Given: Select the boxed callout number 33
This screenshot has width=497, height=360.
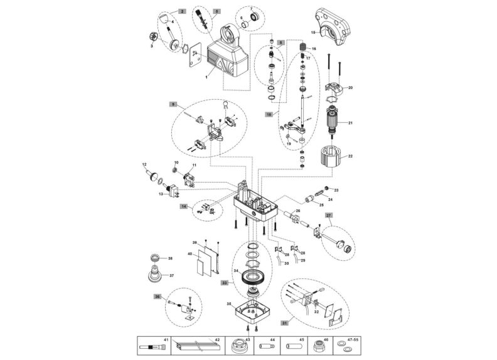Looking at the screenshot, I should pyautogui.click(x=224, y=282).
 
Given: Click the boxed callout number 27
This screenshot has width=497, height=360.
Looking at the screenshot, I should pyautogui.click(x=328, y=214).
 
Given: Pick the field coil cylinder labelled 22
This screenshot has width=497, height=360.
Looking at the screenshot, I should pyautogui.click(x=333, y=156).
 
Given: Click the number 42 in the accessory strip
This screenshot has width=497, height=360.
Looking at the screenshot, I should pyautogui.click(x=217, y=339).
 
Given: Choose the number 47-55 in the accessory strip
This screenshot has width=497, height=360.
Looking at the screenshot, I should pyautogui.click(x=355, y=339).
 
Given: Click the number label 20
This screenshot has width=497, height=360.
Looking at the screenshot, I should pyautogui.click(x=350, y=88).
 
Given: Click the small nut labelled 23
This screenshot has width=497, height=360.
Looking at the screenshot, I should pyautogui.click(x=326, y=189).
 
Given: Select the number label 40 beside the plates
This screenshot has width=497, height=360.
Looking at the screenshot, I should pyautogui.click(x=189, y=253).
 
